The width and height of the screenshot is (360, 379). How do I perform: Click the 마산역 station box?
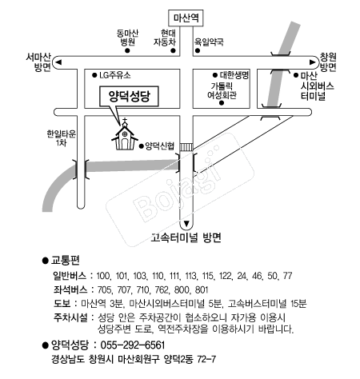click(186, 18)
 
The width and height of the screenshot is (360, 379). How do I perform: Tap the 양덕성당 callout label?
click(129, 96)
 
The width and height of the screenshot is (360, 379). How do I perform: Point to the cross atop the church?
click(125, 120)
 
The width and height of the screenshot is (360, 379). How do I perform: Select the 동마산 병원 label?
click(127, 38)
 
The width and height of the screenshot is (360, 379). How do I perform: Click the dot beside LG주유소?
click(94, 75)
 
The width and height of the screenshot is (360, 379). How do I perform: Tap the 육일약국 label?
click(209, 42)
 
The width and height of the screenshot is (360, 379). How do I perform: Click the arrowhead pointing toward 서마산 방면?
click(58, 62)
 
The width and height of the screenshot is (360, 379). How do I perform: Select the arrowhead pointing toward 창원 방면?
click(312, 62)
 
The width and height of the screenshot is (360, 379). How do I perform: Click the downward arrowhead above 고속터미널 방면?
click(186, 223)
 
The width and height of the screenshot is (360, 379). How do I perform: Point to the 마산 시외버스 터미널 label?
click(317, 86)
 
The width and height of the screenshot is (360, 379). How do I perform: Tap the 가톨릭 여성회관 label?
click(222, 90)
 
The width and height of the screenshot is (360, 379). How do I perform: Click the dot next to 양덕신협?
click(142, 146)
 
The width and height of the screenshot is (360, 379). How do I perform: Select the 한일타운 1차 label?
click(62, 138)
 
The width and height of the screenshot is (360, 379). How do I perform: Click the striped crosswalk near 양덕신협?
click(186, 147)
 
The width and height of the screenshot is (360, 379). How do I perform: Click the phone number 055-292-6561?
click(133, 345)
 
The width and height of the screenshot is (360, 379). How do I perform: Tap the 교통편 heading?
click(66, 261)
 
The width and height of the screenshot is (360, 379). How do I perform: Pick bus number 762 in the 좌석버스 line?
click(161, 289)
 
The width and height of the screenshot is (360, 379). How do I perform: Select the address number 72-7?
click(206, 359)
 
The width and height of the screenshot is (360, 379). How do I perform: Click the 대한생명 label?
click(234, 75)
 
